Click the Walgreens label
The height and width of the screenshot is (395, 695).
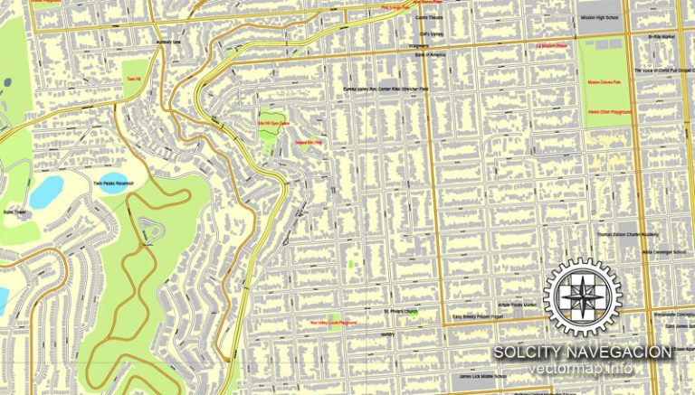point(419,47)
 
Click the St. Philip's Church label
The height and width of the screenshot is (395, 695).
point(398,313)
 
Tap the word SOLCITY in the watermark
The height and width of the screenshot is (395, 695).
point(532,351)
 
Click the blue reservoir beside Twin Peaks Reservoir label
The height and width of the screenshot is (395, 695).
point(46,191)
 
